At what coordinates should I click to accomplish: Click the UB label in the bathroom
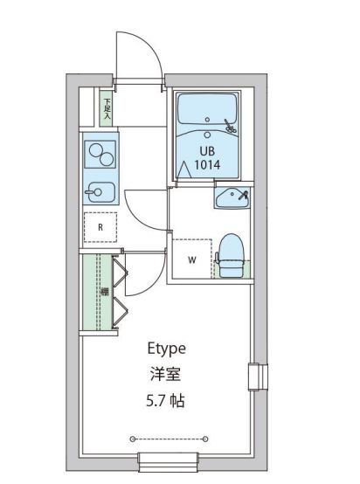206,149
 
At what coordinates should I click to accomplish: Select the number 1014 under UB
206,163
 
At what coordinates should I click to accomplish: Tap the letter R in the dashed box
101,228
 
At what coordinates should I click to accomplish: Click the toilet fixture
230,256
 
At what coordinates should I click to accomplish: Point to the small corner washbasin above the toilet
232,197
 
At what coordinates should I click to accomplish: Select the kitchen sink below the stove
99,190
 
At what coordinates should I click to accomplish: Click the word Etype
166,348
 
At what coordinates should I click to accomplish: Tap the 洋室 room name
166,375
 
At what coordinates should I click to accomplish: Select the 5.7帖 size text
166,402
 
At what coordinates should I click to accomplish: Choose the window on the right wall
255,377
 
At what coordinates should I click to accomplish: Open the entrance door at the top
139,56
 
